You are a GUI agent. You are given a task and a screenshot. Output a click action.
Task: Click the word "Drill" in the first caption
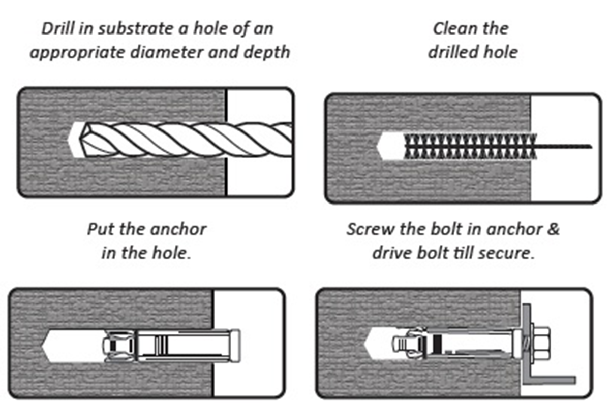[x=57, y=28]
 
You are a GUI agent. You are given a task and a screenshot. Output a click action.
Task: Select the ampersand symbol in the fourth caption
[x=554, y=229]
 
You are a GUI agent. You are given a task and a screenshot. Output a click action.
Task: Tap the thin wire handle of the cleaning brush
[x=564, y=147]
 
